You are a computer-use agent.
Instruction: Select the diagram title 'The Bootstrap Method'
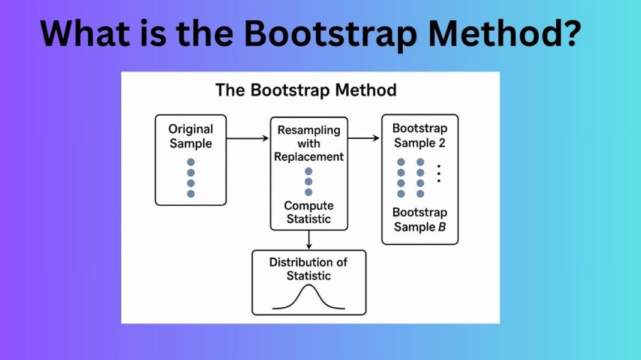click(306, 91)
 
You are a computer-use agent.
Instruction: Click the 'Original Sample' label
click(190, 136)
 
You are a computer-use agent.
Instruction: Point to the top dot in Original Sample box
click(191, 162)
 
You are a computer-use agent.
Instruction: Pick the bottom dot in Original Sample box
click(191, 194)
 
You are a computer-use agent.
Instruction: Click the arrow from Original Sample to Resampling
click(247, 139)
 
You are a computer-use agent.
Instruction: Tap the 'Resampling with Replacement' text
click(308, 143)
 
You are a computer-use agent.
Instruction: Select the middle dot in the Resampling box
click(308, 181)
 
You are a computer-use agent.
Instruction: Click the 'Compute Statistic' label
click(308, 212)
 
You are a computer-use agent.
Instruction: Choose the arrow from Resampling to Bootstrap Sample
click(364, 139)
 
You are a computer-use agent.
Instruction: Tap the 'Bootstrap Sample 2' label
click(420, 136)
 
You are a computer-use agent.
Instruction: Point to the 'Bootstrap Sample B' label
click(420, 220)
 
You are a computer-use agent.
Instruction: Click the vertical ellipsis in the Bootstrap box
click(439, 173)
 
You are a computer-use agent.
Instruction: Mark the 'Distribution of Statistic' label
click(308, 269)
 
